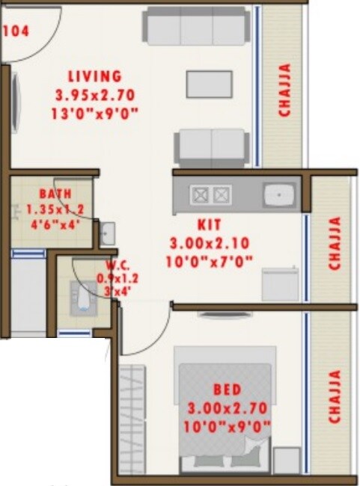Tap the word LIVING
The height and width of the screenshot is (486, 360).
(94, 77)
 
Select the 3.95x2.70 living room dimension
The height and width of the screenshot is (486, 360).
(94, 95)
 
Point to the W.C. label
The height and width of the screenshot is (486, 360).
(94, 264)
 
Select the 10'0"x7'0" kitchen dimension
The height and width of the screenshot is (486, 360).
(210, 261)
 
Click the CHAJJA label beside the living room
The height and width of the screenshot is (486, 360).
(285, 90)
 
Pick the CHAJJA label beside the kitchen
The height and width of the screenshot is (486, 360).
(335, 243)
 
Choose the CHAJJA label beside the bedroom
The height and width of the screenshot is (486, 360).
(335, 397)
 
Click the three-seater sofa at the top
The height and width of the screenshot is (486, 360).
(195, 28)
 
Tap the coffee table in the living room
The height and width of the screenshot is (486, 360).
(210, 83)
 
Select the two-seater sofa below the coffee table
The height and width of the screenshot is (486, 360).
(211, 146)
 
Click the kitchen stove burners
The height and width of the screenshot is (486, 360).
(210, 196)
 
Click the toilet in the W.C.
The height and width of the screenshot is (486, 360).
(82, 295)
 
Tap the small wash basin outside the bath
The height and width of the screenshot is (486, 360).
(108, 229)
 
